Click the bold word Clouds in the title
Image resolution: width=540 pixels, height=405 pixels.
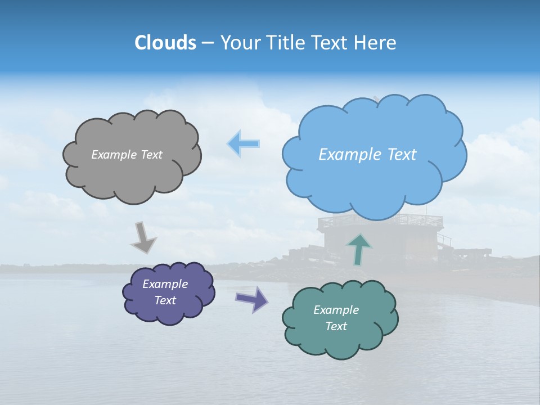pos(165,43)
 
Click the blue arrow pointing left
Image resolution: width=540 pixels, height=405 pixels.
pos(243,144)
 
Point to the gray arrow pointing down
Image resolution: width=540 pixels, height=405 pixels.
pos(143,237)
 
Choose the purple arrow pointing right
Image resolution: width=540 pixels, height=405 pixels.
pos(252,299)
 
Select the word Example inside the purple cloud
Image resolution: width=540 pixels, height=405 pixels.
pos(165,284)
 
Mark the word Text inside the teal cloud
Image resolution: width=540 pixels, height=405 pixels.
pos(336,326)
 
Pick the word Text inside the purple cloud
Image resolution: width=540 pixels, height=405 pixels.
pos(165,300)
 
